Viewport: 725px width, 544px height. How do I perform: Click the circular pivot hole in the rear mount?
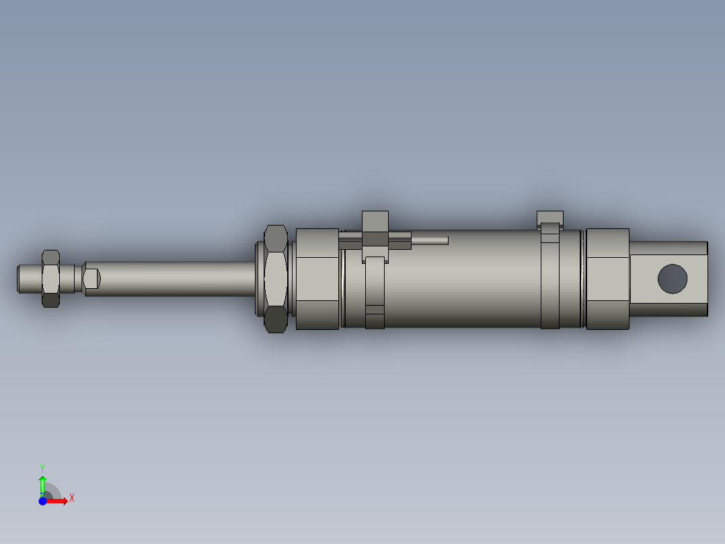coord(673,279)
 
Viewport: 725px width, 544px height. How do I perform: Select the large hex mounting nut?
coord(276,279)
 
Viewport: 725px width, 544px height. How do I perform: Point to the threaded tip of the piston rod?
coord(28,279)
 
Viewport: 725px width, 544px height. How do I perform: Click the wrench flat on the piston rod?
coord(91,278)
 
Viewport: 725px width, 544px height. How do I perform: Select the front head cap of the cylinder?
coord(317,279)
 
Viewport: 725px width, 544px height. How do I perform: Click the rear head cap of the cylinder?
coord(607,279)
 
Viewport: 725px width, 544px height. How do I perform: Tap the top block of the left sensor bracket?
coord(375,222)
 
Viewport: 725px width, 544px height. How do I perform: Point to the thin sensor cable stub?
coord(430,240)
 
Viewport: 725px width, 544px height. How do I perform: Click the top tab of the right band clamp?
coord(549,217)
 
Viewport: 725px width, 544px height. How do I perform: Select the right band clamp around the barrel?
coord(550,283)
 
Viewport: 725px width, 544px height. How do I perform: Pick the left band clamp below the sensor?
coord(375,296)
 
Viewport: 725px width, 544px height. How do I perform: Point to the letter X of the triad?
coord(72,498)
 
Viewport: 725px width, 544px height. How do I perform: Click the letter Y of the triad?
coord(42,467)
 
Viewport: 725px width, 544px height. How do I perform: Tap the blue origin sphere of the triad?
coord(42,501)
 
